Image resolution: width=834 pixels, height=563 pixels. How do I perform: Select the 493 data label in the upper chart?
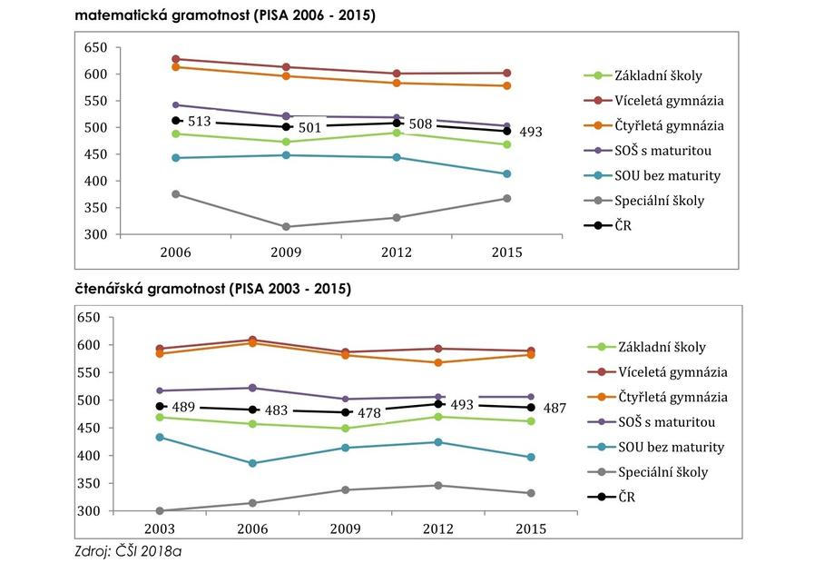[531, 133]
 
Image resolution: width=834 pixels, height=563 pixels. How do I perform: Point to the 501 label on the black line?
[310, 128]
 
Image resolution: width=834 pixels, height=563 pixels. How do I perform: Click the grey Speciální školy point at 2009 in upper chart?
[286, 227]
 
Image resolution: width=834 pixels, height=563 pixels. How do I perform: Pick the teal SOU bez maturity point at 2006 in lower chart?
[253, 463]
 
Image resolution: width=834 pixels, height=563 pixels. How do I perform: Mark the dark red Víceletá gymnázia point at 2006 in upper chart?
[175, 59]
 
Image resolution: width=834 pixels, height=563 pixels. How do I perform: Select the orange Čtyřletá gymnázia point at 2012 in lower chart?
[438, 362]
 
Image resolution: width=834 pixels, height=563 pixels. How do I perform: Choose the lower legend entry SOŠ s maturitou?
[667, 422]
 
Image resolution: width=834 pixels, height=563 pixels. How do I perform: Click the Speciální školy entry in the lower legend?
[662, 472]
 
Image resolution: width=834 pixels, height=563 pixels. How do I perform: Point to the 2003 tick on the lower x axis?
[161, 528]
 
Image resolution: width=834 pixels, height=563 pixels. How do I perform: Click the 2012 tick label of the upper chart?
[397, 252]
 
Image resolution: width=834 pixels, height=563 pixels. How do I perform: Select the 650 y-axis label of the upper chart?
[94, 47]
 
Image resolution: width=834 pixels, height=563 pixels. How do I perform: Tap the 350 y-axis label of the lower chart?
[89, 483]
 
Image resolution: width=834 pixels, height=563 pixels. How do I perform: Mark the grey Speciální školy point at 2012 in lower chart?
[438, 486]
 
